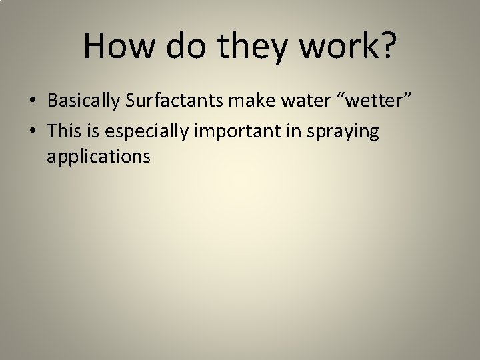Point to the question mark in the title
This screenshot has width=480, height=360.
tap(385, 46)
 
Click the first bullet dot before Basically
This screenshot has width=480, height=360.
tap(33, 101)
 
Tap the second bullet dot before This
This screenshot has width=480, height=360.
tap(33, 132)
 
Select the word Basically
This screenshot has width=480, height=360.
tap(82, 101)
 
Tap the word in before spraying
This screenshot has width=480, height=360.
tap(288, 131)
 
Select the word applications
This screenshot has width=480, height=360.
tap(99, 158)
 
